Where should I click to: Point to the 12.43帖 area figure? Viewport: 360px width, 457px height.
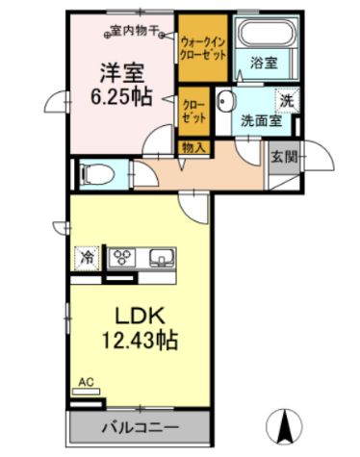tap(144, 340)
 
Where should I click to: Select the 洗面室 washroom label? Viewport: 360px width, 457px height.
tap(260, 122)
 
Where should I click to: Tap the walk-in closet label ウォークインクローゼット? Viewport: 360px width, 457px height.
tap(203, 47)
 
